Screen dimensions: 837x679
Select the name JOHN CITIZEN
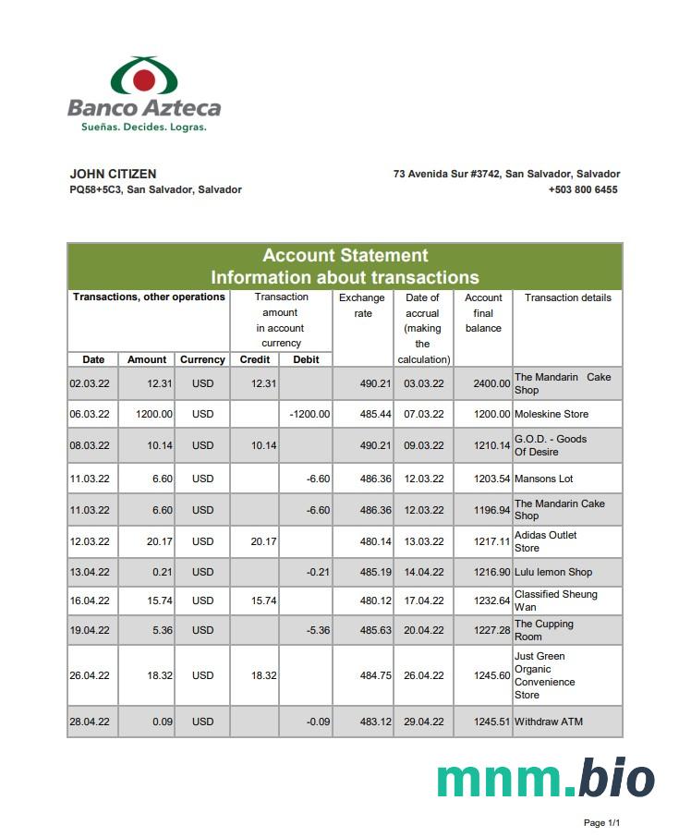point(113,174)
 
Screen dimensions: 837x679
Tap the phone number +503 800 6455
point(583,189)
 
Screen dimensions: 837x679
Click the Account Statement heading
point(345,256)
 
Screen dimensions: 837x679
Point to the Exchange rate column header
point(362,306)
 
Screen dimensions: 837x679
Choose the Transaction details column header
point(567,297)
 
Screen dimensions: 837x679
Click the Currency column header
point(202,359)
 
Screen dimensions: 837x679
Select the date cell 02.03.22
point(90,383)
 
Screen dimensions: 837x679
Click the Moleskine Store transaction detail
point(552,414)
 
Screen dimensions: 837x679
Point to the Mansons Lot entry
point(544,479)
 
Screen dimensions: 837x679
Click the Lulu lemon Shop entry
point(553,572)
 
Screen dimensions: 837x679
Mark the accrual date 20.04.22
point(423,630)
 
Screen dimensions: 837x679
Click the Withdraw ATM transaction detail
point(549,722)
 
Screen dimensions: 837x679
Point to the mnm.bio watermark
point(545,779)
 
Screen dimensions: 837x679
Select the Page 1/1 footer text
point(601,822)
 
